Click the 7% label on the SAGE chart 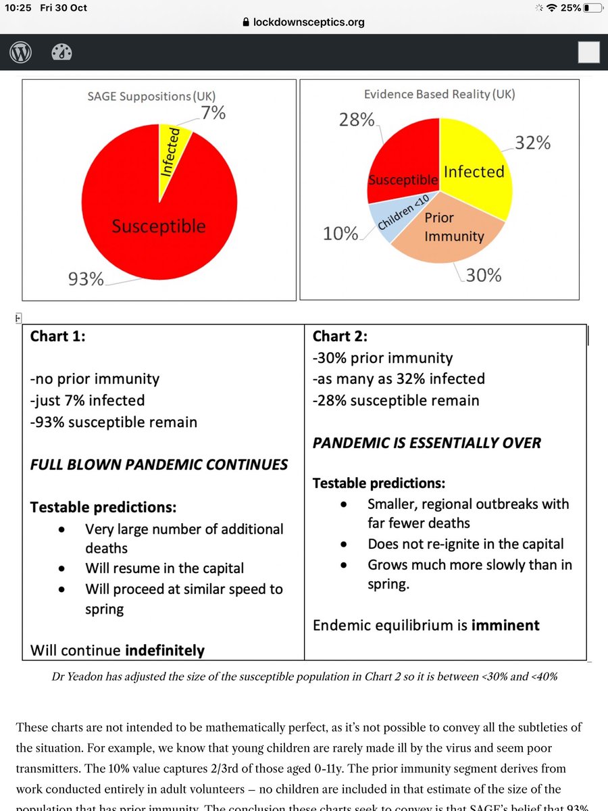click(213, 112)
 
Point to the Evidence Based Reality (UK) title click(439, 94)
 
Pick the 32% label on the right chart click(533, 143)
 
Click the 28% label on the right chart click(356, 120)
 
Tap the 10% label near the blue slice click(340, 233)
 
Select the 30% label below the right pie click(484, 275)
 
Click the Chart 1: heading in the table click(58, 336)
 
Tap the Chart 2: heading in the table click(340, 336)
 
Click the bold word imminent click(501, 624)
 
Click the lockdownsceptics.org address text click(309, 22)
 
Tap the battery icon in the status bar click(593, 7)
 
